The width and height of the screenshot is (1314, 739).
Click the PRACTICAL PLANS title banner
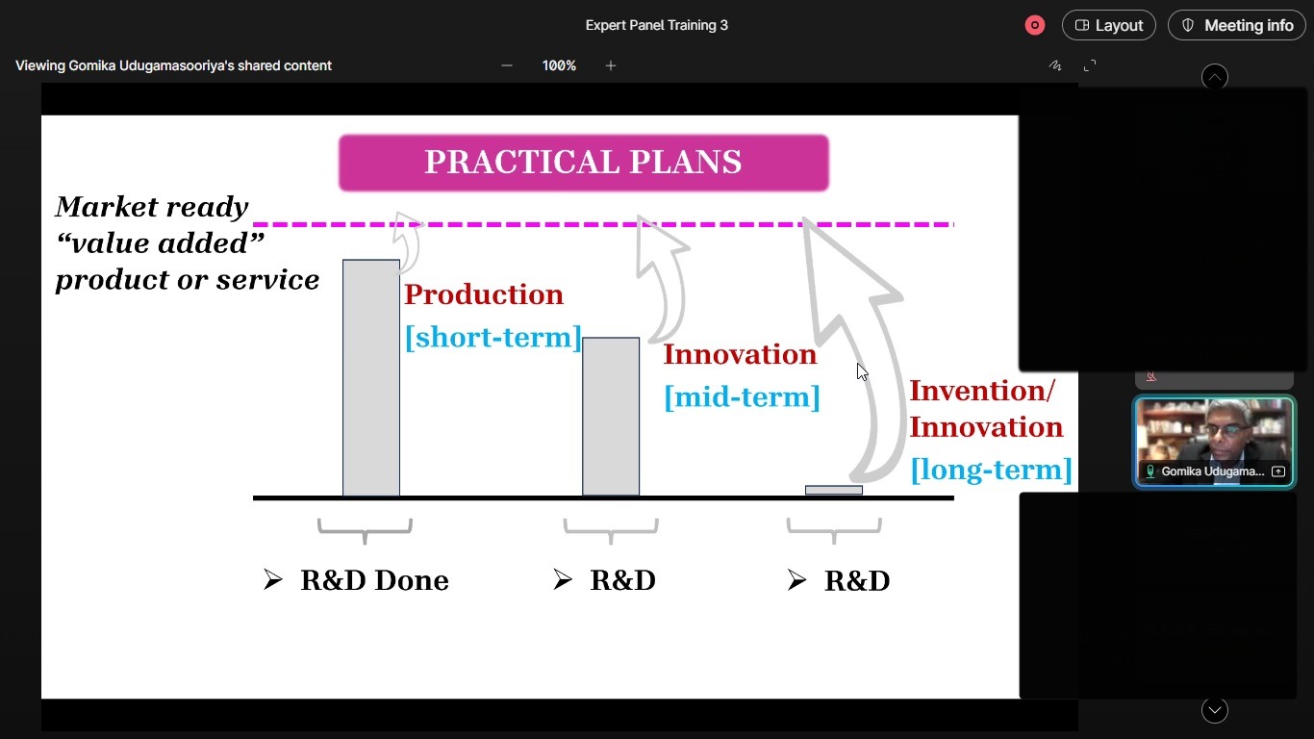[x=584, y=163]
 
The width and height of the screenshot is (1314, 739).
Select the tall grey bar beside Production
[x=371, y=377]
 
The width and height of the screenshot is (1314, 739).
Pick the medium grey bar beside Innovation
[x=611, y=416]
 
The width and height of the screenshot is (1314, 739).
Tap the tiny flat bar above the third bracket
[x=834, y=490]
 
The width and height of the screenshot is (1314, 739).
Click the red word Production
[x=484, y=294]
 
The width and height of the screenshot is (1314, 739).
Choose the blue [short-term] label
[x=493, y=338]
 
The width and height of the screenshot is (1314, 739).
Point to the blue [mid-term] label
[x=742, y=397]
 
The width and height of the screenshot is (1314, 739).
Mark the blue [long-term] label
[x=992, y=471]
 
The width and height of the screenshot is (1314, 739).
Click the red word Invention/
[x=982, y=391]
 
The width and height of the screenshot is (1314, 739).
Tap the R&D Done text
[x=375, y=580]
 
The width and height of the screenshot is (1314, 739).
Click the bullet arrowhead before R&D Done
[x=273, y=579]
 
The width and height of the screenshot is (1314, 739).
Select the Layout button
[x=1109, y=25]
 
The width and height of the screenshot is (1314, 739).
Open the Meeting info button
[x=1237, y=25]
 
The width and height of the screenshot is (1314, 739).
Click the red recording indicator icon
[x=1035, y=25]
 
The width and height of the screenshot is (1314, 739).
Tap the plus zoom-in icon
[x=611, y=65]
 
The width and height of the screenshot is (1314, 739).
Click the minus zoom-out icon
[x=507, y=65]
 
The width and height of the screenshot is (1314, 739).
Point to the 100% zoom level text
[x=559, y=65]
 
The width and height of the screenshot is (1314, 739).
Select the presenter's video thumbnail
[x=1214, y=442]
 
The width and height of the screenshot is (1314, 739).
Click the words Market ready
[x=152, y=207]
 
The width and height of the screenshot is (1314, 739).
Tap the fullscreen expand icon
[x=1089, y=65]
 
